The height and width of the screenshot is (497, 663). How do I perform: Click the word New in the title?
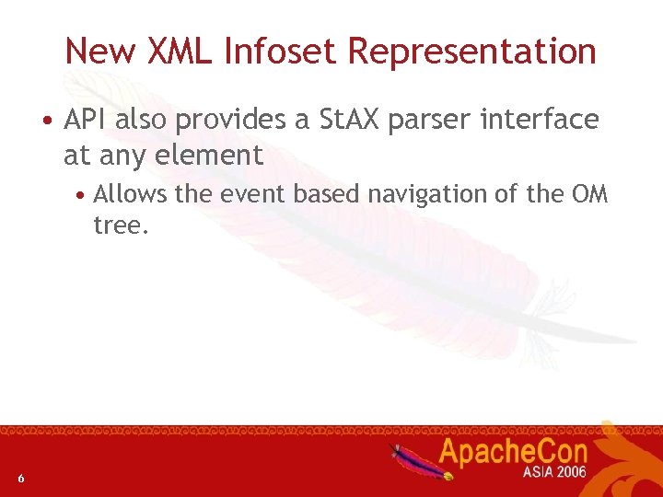(x=96, y=51)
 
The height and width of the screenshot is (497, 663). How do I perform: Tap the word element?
(x=209, y=155)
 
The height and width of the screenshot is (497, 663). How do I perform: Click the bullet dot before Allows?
(x=82, y=195)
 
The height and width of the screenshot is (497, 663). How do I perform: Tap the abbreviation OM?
(x=589, y=194)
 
